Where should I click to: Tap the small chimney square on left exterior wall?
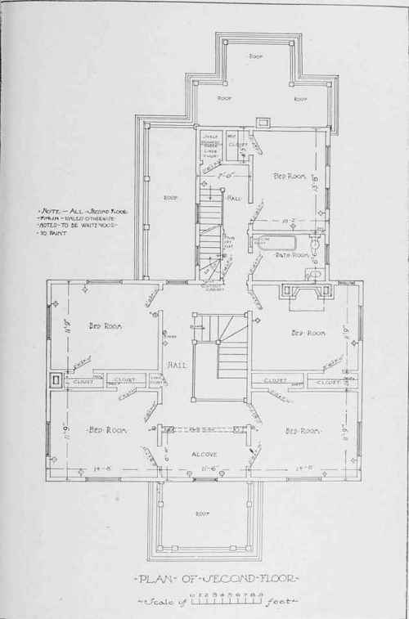click(54, 379)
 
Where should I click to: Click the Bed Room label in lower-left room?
click(104, 429)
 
